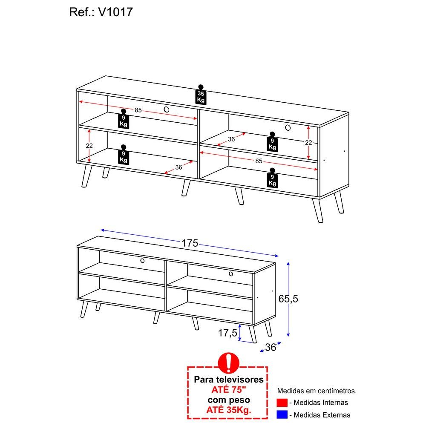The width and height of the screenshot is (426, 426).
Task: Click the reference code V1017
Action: [x=115, y=12]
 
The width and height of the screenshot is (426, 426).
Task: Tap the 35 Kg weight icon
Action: [x=201, y=95]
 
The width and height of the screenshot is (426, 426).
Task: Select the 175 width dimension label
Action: [x=190, y=243]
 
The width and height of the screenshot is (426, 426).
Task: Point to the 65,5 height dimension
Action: [x=288, y=299]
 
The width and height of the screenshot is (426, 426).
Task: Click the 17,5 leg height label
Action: [x=227, y=333]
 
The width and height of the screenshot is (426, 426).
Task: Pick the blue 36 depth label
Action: [x=271, y=347]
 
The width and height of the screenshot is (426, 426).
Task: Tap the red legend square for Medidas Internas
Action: [x=282, y=403]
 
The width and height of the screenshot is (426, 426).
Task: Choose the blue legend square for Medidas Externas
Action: [x=282, y=414]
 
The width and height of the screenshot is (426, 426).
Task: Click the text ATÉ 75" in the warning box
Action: [x=228, y=390]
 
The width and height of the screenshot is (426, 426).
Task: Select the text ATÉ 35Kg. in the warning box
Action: [x=228, y=410]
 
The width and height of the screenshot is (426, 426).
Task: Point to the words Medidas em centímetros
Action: [x=317, y=391]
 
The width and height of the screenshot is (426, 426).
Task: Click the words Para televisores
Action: [x=229, y=379]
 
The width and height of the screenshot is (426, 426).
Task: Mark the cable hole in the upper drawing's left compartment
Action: [x=167, y=109]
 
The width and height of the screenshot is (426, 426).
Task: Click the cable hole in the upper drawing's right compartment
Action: [x=288, y=127]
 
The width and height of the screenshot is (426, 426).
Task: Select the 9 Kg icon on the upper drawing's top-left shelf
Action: [x=124, y=118]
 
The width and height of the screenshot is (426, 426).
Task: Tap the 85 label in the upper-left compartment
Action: [x=138, y=110]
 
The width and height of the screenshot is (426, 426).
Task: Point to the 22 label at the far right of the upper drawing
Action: [x=308, y=142]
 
